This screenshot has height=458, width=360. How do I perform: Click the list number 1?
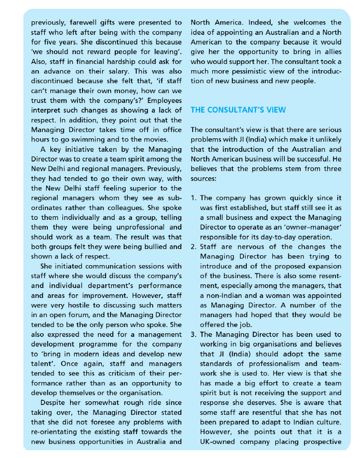[x=193, y=198]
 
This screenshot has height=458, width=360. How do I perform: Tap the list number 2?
[x=193, y=247]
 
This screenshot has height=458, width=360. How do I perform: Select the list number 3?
[x=193, y=335]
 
